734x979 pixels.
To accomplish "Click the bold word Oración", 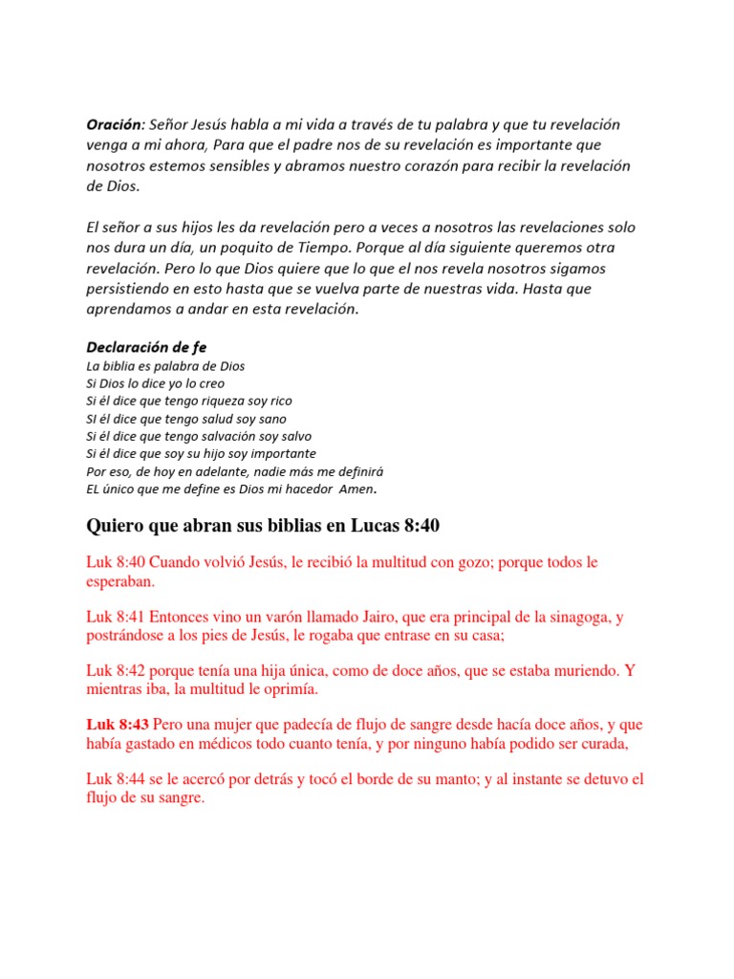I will [115, 126].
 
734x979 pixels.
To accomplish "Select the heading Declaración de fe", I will [146, 347].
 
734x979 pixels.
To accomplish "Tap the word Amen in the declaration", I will [356, 489].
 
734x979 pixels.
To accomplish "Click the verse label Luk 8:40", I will [116, 562].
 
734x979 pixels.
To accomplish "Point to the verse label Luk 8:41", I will [116, 618].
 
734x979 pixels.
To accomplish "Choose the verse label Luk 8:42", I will [116, 672].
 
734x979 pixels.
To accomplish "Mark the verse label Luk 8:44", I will [116, 780].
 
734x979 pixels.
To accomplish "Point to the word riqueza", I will [216, 402].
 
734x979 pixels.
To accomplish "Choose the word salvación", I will [225, 436].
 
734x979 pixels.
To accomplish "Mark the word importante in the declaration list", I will [282, 453].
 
